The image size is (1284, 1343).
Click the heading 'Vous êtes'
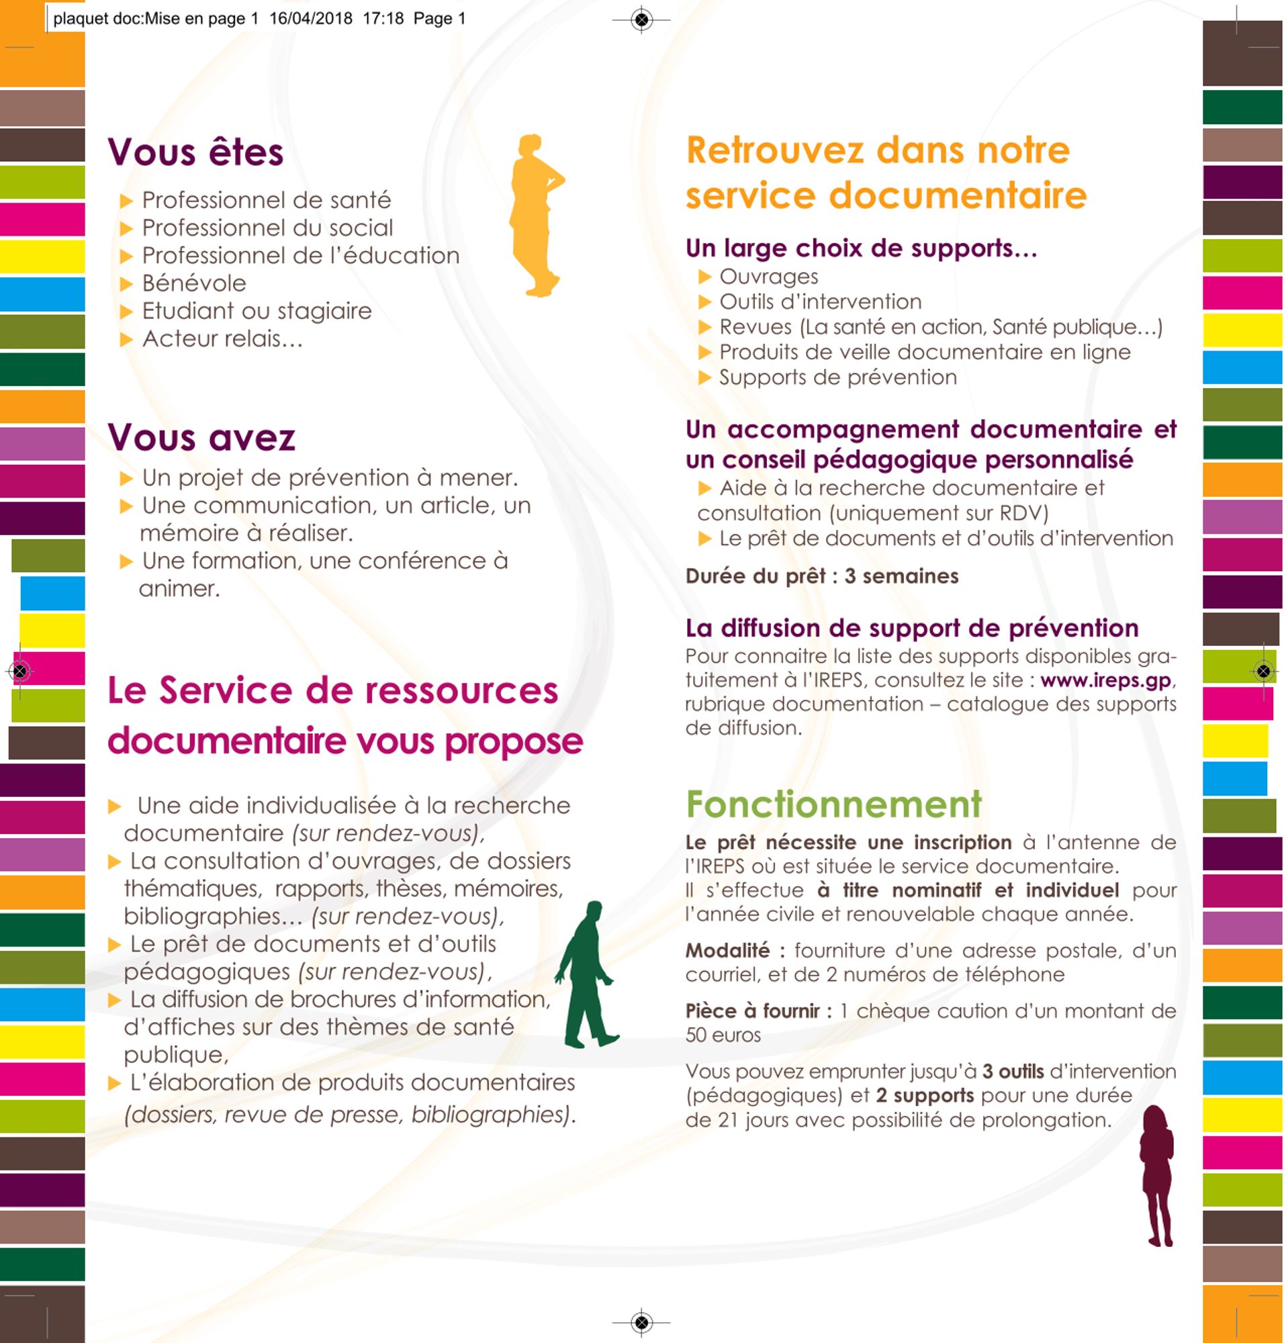195,152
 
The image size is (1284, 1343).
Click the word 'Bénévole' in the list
193,283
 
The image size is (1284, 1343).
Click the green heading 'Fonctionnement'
833,804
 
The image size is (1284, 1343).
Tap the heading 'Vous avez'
201,437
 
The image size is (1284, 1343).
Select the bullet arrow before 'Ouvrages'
705,277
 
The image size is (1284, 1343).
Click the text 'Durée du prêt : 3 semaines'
821,576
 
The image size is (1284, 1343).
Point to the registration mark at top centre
641,20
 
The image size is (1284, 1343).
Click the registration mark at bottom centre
641,1322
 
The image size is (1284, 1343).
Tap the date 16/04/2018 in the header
311,19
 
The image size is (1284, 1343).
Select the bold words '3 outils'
1013,1072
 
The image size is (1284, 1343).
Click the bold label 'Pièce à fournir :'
758,1011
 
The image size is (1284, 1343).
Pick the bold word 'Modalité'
727,951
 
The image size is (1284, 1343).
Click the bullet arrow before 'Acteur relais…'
126,340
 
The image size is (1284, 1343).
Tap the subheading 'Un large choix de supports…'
861,248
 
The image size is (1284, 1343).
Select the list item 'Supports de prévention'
837,377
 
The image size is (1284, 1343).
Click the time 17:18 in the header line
383,19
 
